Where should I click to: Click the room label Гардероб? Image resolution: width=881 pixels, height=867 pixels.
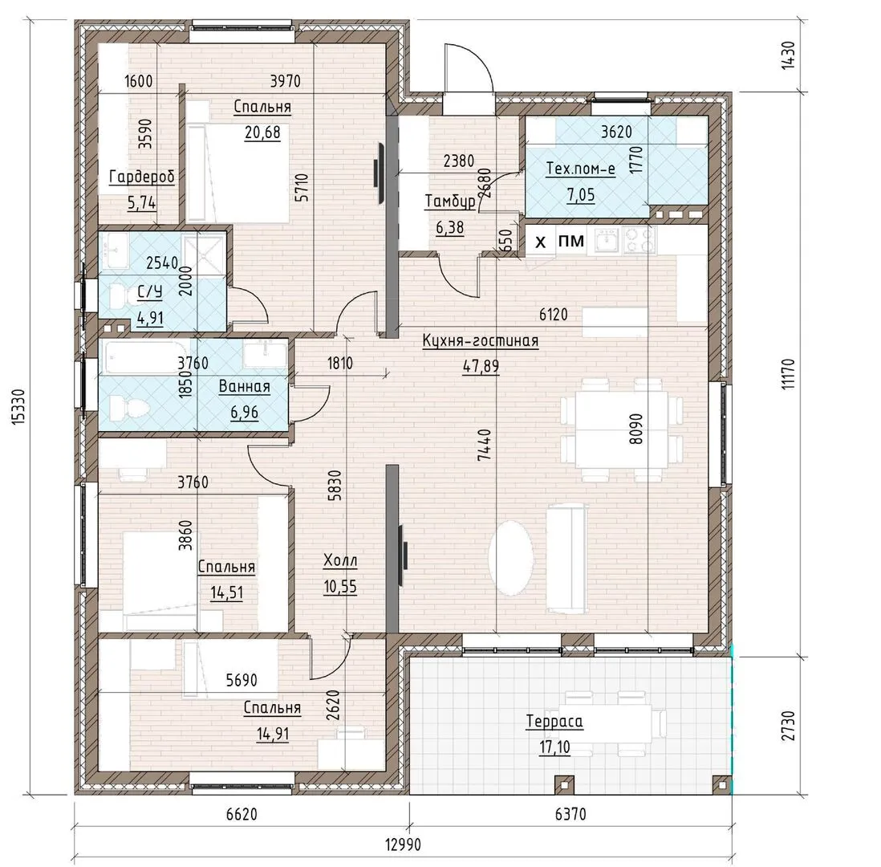click(141, 177)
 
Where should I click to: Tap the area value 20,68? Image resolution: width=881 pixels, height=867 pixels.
click(262, 132)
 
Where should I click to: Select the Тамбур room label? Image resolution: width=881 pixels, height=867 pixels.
click(450, 201)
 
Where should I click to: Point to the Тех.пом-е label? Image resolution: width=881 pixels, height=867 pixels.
click(580, 169)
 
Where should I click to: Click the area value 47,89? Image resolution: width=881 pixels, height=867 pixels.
click(481, 366)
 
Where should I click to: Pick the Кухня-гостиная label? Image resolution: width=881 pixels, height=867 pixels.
click(481, 340)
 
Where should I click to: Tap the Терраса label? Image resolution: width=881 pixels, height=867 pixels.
click(554, 722)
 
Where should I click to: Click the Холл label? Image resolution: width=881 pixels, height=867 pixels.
click(340, 560)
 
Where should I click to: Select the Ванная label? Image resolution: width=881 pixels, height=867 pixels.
click(245, 387)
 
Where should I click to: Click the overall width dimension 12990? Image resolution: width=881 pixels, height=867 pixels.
click(403, 844)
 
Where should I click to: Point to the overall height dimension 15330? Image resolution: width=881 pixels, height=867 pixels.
click(18, 406)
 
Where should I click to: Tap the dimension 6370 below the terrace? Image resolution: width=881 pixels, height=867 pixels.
click(570, 813)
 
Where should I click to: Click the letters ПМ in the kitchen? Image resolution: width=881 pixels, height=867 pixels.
click(570, 241)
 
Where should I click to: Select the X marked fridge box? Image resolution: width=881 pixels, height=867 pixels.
click(541, 241)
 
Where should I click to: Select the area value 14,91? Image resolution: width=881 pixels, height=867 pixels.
click(273, 734)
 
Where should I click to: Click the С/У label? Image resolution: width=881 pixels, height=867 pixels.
click(149, 292)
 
